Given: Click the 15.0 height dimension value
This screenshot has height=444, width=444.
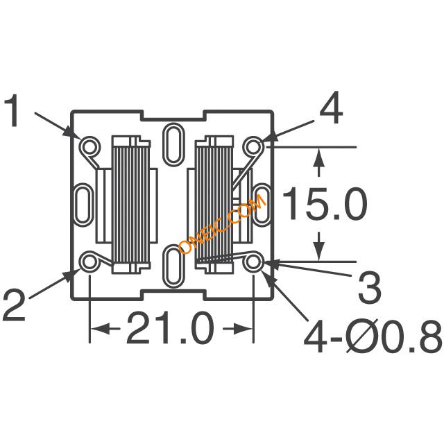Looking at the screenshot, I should pyautogui.click(x=326, y=205).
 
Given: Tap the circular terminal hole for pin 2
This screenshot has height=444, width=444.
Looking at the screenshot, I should pyautogui.click(x=90, y=262).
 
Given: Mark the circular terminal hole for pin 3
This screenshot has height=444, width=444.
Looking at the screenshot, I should pyautogui.click(x=254, y=262).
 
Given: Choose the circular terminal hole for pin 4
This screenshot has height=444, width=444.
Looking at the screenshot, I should pyautogui.click(x=255, y=146).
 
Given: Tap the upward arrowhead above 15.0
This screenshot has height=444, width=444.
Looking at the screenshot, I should pyautogui.click(x=318, y=159).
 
